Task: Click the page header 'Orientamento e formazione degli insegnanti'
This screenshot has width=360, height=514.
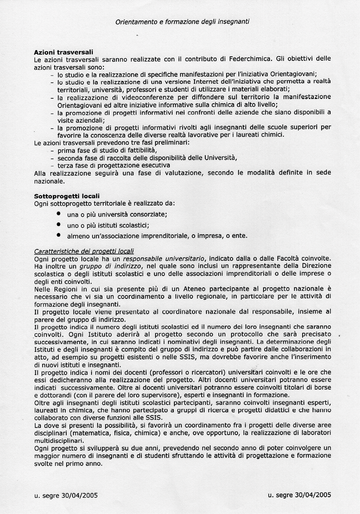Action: coord(182,21)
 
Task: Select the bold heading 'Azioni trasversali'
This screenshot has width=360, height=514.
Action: coord(63,52)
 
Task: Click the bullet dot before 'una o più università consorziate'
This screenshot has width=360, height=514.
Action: coord(58,213)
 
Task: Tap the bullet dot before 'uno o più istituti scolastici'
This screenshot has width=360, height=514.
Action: coord(58,224)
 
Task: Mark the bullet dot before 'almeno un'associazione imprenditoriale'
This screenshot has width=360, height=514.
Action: coord(58,235)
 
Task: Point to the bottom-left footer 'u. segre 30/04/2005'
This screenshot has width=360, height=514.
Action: coord(66,495)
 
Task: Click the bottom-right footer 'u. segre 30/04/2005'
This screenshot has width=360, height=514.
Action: coord(299,495)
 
